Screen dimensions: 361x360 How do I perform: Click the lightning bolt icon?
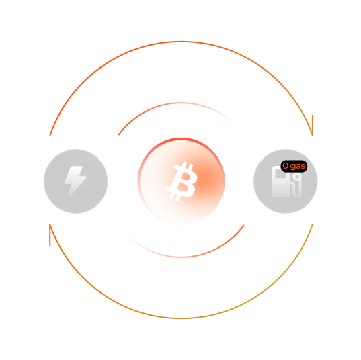click(75, 181)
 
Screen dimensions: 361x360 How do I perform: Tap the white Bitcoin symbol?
click(182, 181)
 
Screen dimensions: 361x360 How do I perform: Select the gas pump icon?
click(286, 182)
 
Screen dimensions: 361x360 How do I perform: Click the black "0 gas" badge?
click(294, 166)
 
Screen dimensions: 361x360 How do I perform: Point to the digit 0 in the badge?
click(286, 166)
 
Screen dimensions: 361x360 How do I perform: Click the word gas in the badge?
click(298, 167)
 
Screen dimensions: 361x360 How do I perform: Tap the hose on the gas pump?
click(296, 185)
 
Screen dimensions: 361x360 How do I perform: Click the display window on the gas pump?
click(280, 174)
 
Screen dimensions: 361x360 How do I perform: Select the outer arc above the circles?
click(182, 42)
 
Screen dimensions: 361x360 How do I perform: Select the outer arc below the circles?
click(182, 318)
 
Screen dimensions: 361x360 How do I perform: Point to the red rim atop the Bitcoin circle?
click(182, 139)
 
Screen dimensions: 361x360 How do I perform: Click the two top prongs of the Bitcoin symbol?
click(188, 164)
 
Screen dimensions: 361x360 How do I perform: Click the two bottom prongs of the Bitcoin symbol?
click(175, 197)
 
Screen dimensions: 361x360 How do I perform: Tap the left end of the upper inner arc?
click(119, 134)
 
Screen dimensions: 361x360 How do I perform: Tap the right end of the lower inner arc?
click(244, 226)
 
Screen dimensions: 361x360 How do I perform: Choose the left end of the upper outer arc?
click(50, 135)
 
